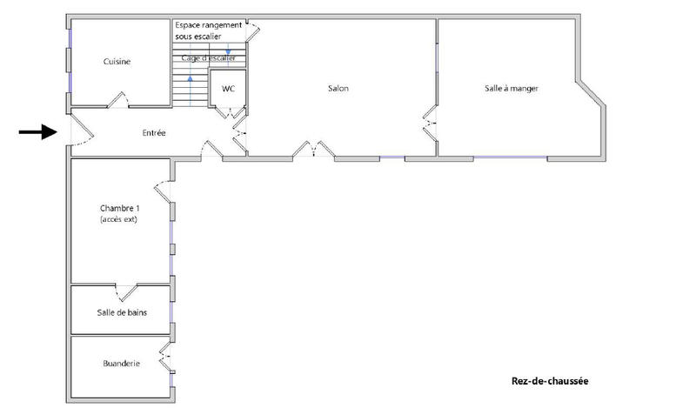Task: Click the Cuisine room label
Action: point(117,62)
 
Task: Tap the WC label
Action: point(229,89)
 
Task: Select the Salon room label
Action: point(338,89)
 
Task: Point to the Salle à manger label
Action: point(512,88)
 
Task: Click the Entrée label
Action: point(154,133)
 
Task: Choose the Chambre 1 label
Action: point(119,208)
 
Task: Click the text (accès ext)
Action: point(119,219)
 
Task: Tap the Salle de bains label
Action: point(121,313)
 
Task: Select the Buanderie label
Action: point(121,364)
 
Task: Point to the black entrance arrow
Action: point(37,132)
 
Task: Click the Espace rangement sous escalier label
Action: point(208,30)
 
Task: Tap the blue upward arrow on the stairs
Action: point(190,88)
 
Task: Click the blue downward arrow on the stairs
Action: point(228,54)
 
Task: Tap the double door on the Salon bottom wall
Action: point(313,151)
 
